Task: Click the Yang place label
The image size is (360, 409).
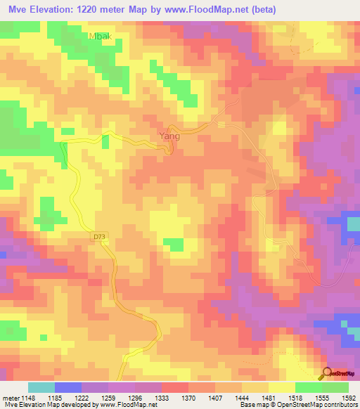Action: pos(169,136)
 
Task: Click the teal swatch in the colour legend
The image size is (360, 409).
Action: pos(41,387)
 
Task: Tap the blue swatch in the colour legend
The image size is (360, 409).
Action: pos(67,387)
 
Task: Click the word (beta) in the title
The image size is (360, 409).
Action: pos(259,9)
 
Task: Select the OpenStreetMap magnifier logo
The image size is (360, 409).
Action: pos(326,372)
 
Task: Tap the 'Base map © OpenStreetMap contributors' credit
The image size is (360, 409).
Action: pos(297,405)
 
